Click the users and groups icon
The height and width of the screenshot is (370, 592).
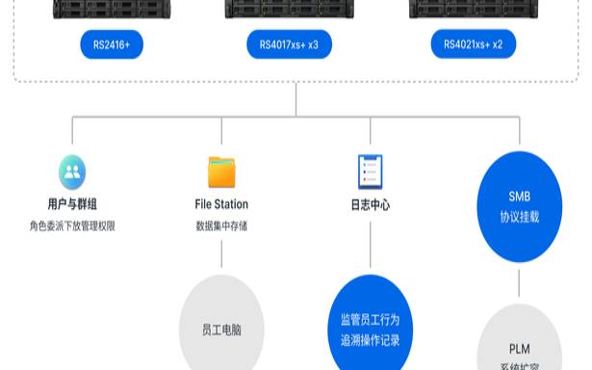pyautogui.click(x=72, y=172)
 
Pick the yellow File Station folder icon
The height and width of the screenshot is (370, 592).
pyautogui.click(x=221, y=172)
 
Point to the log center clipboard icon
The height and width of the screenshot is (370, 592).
pyautogui.click(x=371, y=172)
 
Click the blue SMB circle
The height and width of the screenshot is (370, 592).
pyautogui.click(x=519, y=206)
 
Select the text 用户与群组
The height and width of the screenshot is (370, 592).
pyautogui.click(x=72, y=204)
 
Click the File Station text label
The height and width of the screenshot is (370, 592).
pyautogui.click(x=221, y=204)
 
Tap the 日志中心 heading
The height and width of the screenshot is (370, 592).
pyautogui.click(x=371, y=204)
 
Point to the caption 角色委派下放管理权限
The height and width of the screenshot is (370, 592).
pyautogui.click(x=72, y=226)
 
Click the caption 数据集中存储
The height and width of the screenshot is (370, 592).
pyautogui.click(x=221, y=226)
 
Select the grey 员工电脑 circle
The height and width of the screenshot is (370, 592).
pyautogui.click(x=221, y=328)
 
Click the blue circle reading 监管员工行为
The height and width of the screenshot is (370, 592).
pyautogui.click(x=371, y=328)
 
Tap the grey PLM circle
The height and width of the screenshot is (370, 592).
pyautogui.click(x=519, y=342)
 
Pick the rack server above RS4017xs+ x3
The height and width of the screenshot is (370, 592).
pyautogui.click(x=289, y=10)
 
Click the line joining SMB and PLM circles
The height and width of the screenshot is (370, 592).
pyautogui.click(x=519, y=282)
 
